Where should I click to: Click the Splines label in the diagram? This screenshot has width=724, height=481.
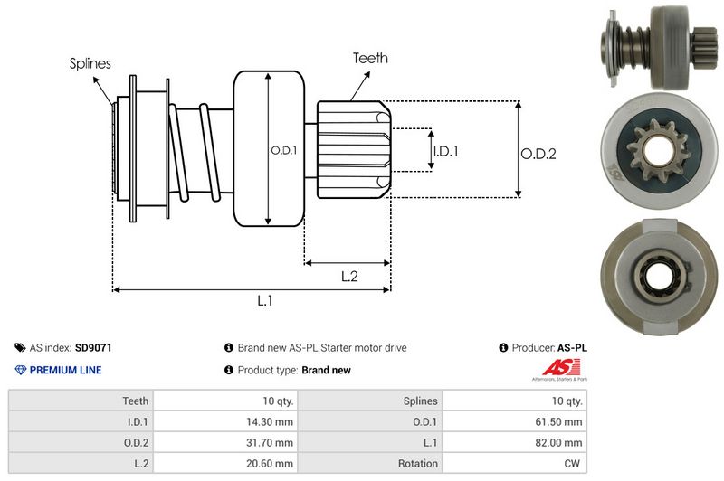tap(90, 63)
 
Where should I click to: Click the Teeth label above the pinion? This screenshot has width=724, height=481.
tap(370, 58)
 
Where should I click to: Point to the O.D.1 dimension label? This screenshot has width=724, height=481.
tap(284, 150)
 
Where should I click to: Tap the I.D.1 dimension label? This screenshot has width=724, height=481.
tap(444, 151)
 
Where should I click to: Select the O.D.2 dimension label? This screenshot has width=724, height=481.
tap(538, 154)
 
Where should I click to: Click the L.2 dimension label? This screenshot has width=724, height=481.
tap(350, 277)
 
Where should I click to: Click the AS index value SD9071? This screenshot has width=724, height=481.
tap(93, 347)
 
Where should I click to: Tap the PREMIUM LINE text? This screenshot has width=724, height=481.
tap(65, 370)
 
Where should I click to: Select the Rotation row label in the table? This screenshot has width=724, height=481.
tap(419, 463)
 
